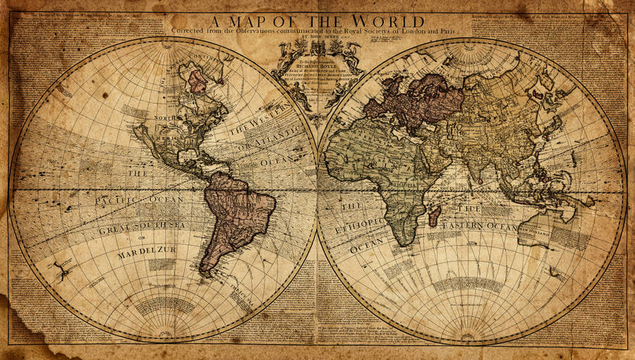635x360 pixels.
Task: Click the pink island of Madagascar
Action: pos(435,214)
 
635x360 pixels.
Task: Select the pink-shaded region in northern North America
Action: pos(198,81)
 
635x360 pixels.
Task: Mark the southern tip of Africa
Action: pos(403,244)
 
